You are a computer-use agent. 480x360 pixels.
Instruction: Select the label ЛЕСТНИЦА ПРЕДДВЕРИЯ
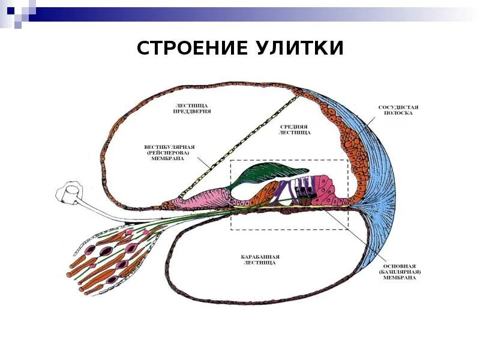tap(192, 108)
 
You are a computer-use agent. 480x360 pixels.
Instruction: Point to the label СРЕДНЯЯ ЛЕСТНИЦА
tap(294, 130)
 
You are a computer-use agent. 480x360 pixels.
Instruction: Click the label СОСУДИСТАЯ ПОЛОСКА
tap(398, 110)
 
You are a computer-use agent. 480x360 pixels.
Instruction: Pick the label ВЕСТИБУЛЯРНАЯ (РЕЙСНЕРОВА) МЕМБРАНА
tap(170, 153)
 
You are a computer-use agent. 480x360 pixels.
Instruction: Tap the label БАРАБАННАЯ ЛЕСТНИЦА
tap(260, 259)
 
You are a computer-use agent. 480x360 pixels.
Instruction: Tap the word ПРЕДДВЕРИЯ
tap(192, 112)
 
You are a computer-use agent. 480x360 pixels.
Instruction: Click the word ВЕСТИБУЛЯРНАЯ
tap(170, 146)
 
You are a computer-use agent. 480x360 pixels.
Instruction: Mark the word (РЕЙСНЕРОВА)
tap(169, 153)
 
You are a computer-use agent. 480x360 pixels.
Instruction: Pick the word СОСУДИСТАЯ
tap(398, 107)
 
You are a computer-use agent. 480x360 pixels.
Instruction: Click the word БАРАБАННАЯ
tap(260, 256)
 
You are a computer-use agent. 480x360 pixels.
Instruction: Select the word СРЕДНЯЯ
tap(294, 127)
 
